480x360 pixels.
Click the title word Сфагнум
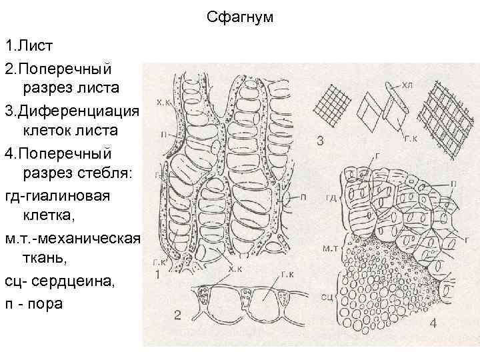tap(240, 17)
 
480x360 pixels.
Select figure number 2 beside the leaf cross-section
tap(177, 315)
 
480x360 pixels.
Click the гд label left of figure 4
tap(331, 198)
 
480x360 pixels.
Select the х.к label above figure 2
tap(235, 269)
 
